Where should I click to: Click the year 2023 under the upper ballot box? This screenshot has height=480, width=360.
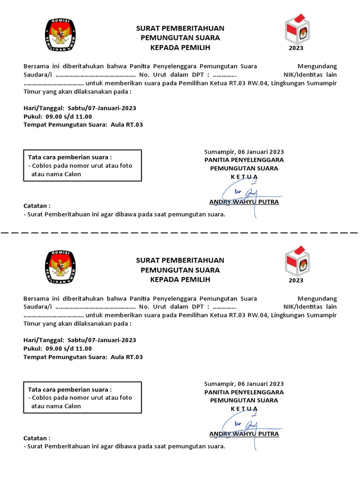[296, 48]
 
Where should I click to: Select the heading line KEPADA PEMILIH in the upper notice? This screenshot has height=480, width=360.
[180, 47]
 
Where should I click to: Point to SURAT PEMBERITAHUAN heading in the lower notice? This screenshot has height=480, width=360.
[180, 260]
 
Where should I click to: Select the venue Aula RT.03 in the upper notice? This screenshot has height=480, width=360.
[127, 125]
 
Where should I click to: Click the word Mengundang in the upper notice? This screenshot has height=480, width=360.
[317, 66]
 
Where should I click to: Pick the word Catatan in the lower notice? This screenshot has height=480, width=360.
[37, 438]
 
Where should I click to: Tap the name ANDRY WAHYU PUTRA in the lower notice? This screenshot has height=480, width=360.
[244, 434]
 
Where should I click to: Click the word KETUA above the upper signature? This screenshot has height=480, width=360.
[244, 176]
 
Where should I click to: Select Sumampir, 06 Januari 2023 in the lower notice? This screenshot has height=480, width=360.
[244, 383]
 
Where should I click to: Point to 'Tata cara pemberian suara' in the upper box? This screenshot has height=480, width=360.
[70, 157]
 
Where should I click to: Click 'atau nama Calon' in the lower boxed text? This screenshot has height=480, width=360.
[56, 406]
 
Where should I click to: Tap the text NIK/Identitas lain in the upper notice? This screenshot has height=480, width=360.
[310, 75]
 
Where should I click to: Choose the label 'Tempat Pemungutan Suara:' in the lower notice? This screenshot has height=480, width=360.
[66, 357]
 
